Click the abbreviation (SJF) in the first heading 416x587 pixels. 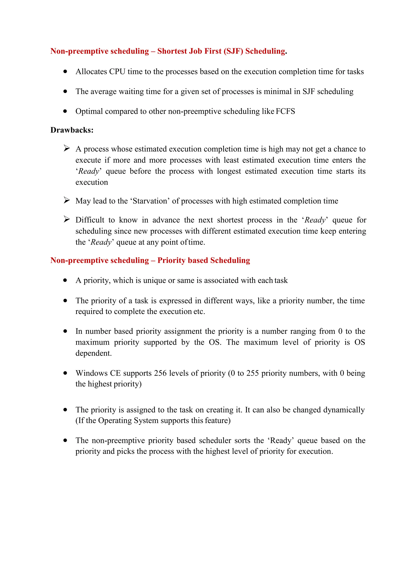[233, 51]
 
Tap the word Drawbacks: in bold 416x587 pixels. [72, 130]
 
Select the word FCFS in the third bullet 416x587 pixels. [285, 111]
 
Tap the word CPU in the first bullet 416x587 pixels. [117, 72]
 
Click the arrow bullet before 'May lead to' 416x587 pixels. [67, 200]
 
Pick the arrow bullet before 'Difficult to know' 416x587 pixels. [67, 219]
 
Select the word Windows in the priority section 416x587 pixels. [91, 373]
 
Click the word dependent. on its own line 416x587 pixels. [93, 353]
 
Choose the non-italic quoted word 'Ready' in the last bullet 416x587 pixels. [281, 440]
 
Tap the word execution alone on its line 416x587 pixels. [92, 182]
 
